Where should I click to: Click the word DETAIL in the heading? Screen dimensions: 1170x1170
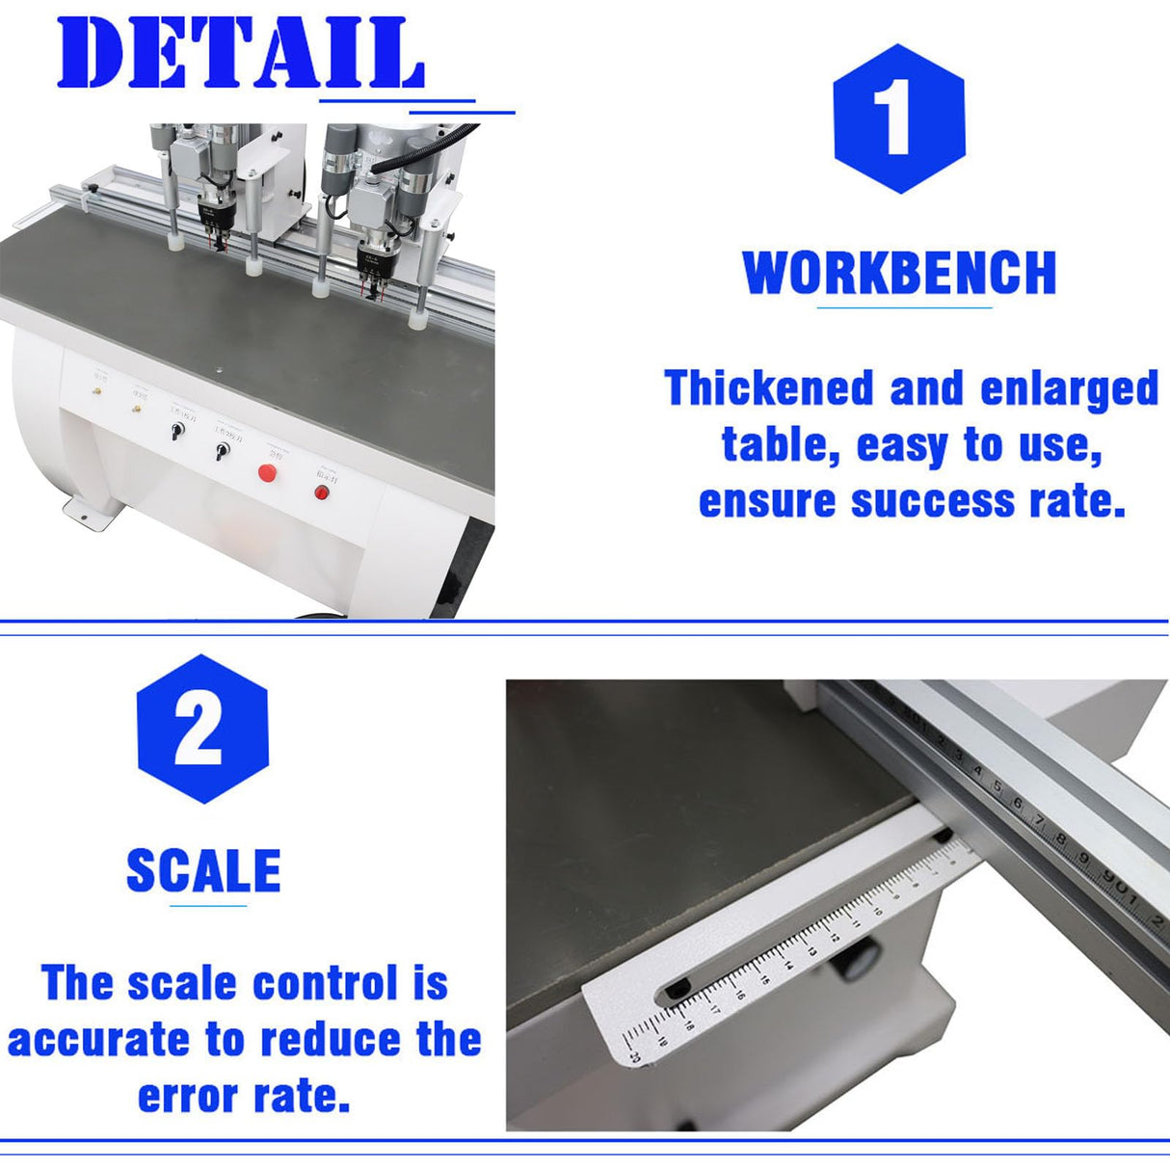coord(240,54)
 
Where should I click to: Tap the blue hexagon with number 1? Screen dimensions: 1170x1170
coord(898,119)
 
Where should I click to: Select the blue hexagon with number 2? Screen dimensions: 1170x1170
coord(201,729)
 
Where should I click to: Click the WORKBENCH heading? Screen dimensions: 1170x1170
coord(899,273)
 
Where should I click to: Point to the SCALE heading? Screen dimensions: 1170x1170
coord(203,870)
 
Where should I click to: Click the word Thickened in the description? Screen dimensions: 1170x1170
coord(769,388)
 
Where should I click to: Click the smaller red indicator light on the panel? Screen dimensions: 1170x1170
coord(322,492)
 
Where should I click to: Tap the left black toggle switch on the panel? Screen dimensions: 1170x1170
coord(176,431)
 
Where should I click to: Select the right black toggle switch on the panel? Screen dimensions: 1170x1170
coord(221,451)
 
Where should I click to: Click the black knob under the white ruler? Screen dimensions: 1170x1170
coord(860,959)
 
